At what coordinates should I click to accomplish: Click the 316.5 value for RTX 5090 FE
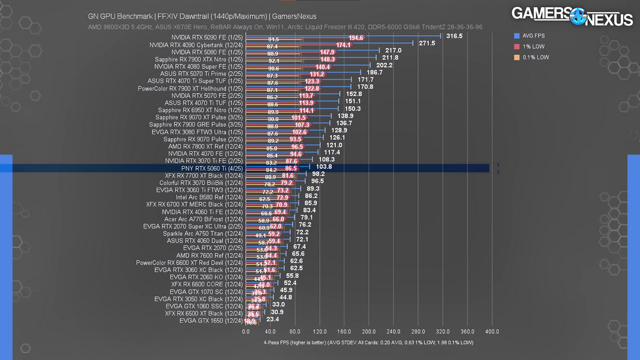[454, 36]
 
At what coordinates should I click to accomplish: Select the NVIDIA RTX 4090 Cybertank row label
[196, 45]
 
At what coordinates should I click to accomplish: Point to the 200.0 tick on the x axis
[369, 331]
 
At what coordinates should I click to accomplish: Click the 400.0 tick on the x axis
[492, 331]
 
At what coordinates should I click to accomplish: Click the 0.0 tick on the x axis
[246, 331]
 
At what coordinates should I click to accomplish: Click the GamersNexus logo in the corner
[572, 16]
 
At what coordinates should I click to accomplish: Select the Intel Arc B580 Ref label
[209, 197]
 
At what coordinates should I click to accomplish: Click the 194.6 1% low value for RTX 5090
[356, 38]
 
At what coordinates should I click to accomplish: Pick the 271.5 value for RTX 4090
[426, 43]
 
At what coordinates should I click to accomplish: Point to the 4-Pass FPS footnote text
[368, 343]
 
